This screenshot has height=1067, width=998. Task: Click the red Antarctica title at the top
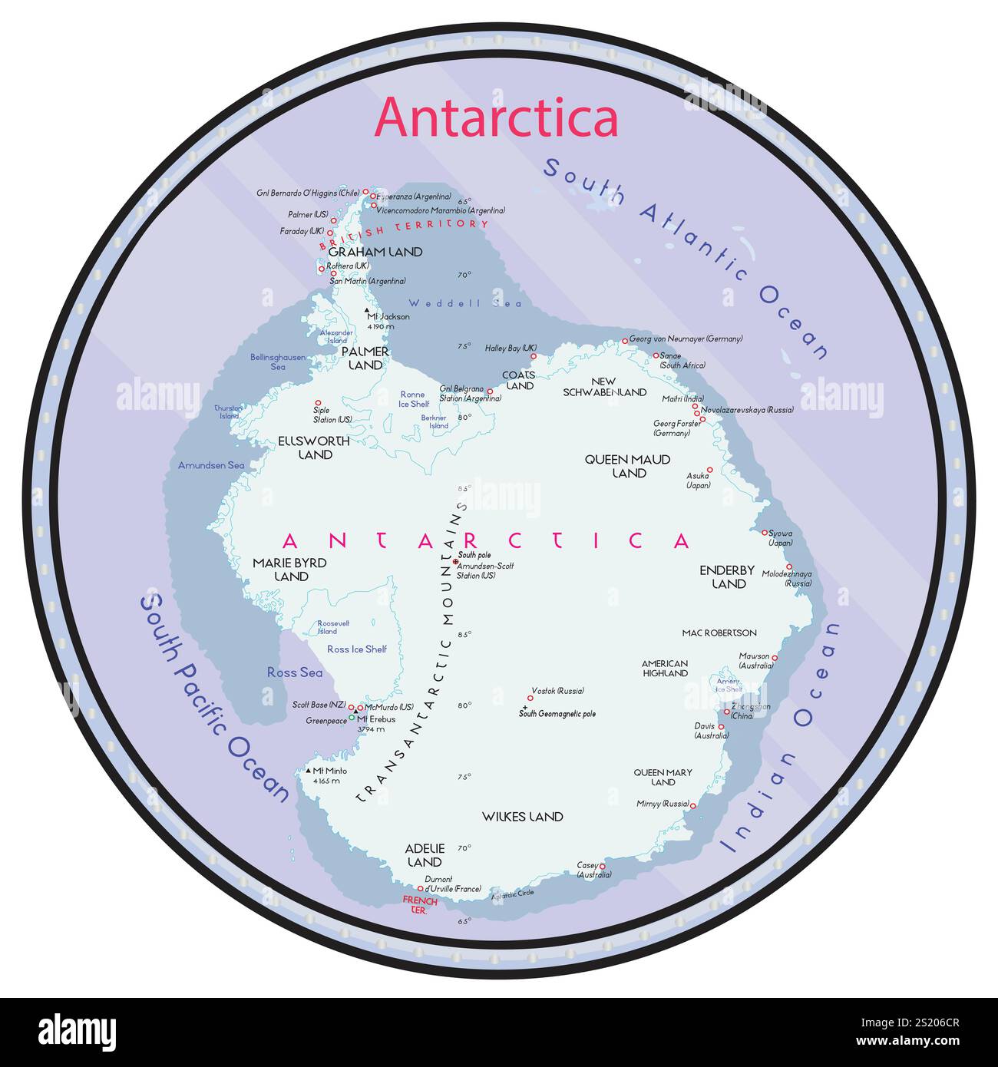[496, 117]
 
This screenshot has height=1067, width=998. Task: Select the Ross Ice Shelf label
[357, 649]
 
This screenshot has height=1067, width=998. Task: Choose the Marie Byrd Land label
[290, 570]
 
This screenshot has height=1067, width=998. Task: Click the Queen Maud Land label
[628, 466]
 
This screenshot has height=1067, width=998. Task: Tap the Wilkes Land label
[523, 817]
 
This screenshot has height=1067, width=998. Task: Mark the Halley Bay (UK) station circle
[534, 356]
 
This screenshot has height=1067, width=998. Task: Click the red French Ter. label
[419, 905]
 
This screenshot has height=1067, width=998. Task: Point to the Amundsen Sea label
[211, 465]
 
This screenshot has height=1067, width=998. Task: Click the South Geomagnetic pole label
[557, 714]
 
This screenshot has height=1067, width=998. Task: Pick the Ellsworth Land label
[314, 448]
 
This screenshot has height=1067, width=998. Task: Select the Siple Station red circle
[318, 402]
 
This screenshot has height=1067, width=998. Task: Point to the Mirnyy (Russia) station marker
[692, 805]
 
